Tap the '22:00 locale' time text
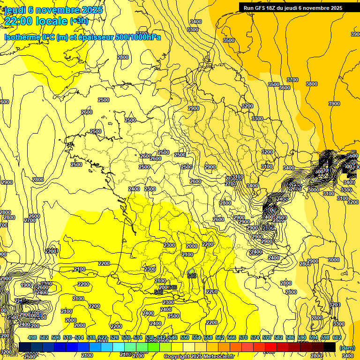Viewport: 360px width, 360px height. tap(36, 21)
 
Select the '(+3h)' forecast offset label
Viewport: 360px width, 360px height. tap(78, 21)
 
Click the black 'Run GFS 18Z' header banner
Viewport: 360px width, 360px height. tap(293, 7)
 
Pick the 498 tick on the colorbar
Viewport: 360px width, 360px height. tap(32, 337)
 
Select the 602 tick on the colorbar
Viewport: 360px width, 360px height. tap(337, 337)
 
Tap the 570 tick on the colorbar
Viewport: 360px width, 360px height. tap(243, 337)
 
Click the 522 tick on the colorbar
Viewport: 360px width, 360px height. tap(103, 337)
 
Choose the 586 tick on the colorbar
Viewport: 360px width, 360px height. tap(290, 337)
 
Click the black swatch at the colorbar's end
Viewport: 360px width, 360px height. tap(330, 347)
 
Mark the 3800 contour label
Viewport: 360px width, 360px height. tap(311, 84)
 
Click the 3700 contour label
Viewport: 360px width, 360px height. tap(292, 80)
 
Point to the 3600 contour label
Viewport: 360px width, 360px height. tap(285, 88)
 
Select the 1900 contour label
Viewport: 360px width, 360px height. tap(27, 285)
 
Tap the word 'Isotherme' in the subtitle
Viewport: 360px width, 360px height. tap(22, 37)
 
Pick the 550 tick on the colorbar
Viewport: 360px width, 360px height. tap(185, 337)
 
